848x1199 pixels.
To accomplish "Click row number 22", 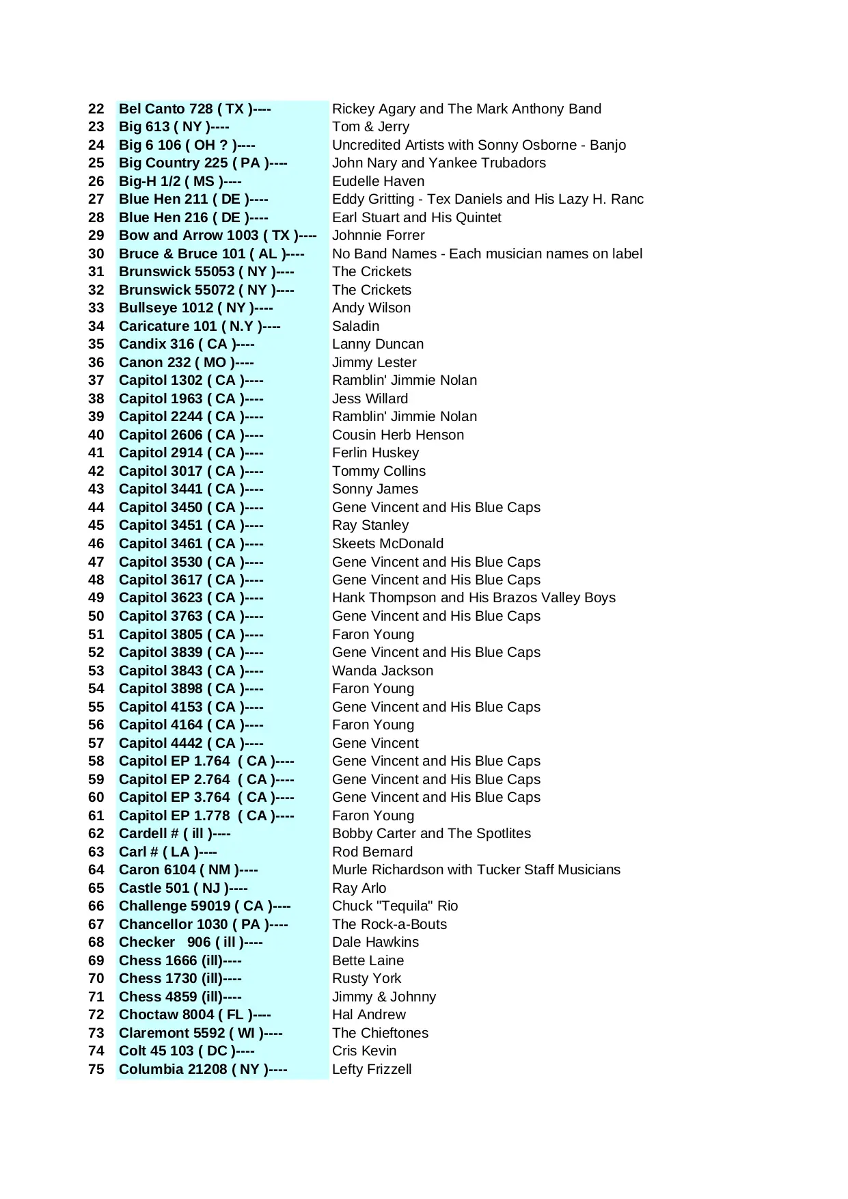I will pos(96,109).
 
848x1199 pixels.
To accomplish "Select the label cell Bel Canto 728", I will pos(195,109).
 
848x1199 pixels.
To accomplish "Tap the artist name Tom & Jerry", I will pos(370,126).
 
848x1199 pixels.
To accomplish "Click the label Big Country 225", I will pos(203,163).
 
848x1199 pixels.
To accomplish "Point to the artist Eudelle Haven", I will pos(378,181).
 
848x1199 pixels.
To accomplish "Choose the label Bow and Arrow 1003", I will pos(217,235).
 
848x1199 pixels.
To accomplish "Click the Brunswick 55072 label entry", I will pos(206,290).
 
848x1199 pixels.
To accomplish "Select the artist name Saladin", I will pos(355,326).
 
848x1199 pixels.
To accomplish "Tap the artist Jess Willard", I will pos(370,399).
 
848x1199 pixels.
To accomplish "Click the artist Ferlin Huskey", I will pos(375,453).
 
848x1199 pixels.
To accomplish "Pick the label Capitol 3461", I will pos(191,543).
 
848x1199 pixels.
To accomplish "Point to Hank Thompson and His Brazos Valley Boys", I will pos(474,597).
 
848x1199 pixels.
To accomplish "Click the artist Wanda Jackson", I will pos(382,671).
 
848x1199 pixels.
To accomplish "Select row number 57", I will pos(96,743).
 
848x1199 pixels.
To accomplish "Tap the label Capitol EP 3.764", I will pos(206,797).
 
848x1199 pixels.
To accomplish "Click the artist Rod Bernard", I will pos(372,852).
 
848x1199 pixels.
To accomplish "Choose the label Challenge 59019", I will pos(204,906).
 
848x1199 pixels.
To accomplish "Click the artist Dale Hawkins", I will pos(375,942).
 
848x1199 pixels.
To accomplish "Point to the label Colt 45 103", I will pos(187,1051).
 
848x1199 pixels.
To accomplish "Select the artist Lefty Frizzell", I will pos(372,1069).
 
